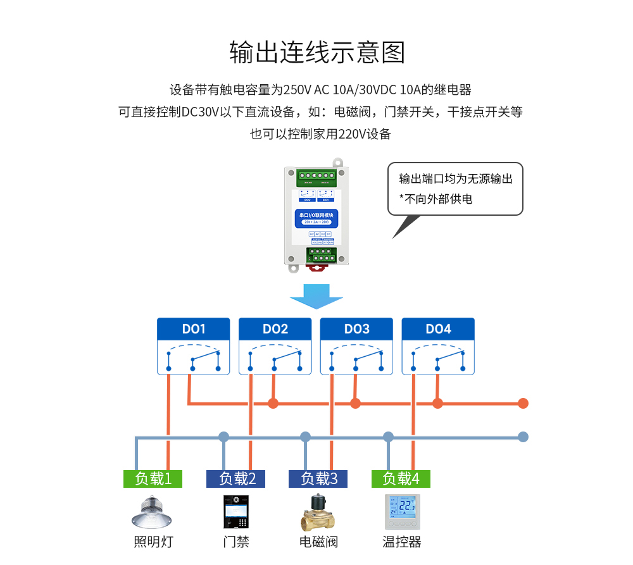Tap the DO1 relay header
194,329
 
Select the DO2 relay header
275,329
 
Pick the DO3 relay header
357,329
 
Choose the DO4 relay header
438,329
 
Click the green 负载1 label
153,479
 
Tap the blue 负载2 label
235,479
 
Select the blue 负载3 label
318,479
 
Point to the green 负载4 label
401,479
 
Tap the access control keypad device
235,512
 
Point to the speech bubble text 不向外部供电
439,199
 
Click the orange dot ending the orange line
523,403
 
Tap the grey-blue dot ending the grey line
523,437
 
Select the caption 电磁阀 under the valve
318,542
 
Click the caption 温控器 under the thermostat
402,542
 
